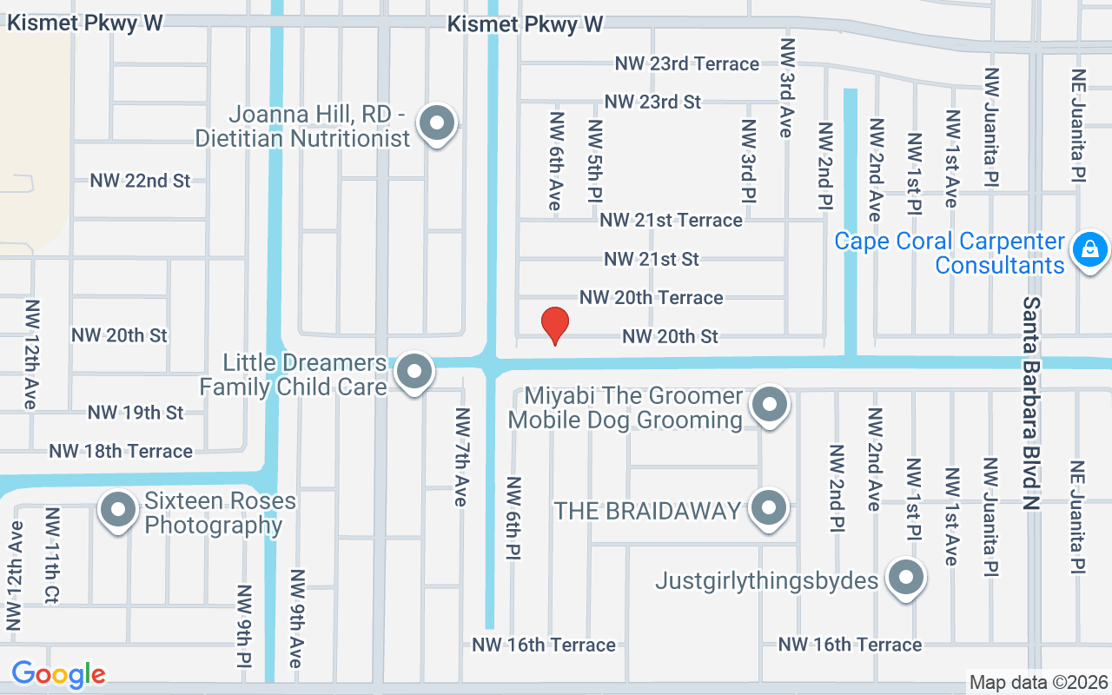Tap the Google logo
(59, 674)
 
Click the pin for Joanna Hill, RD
(436, 123)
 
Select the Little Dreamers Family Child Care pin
(414, 373)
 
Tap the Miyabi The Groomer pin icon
(768, 405)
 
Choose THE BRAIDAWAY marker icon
(768, 508)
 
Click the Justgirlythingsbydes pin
(906, 578)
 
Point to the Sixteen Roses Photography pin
(117, 510)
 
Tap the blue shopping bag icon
(1089, 251)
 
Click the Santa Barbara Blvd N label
(1031, 405)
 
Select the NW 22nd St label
(140, 181)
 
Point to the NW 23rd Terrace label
(686, 63)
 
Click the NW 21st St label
(652, 259)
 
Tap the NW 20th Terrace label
(651, 297)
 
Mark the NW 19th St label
(136, 412)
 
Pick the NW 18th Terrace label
(121, 451)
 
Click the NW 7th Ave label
(461, 456)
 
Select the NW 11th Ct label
(52, 555)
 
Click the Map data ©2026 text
(1038, 682)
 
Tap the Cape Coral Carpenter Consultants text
(950, 253)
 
